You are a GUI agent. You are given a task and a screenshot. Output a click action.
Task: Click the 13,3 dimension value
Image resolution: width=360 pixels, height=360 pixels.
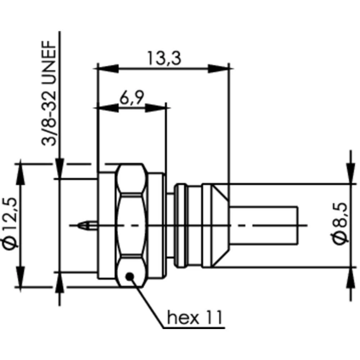click(x=163, y=58)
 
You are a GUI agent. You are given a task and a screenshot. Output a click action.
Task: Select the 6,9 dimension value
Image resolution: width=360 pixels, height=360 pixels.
click(x=132, y=98)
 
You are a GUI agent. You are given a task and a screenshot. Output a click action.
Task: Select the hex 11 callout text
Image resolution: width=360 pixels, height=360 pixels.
click(x=195, y=318)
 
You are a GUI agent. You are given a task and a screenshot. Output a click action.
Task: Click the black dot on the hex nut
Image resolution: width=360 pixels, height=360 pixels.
click(x=130, y=276)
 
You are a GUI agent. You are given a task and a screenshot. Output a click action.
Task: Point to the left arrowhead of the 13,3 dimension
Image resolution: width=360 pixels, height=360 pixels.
click(x=108, y=68)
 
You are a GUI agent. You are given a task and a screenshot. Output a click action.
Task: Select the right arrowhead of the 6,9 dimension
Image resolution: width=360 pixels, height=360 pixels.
click(x=157, y=107)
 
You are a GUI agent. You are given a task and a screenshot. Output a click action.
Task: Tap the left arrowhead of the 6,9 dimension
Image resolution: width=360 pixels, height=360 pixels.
click(x=108, y=107)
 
